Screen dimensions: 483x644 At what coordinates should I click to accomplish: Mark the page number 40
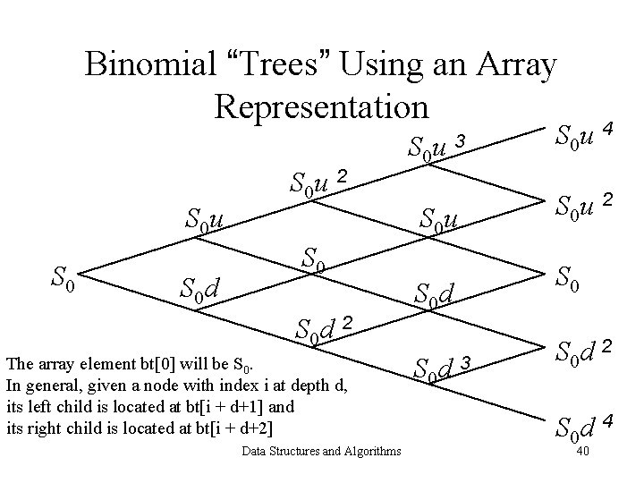(581, 451)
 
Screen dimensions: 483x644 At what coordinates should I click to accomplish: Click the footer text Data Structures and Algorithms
(321, 451)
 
